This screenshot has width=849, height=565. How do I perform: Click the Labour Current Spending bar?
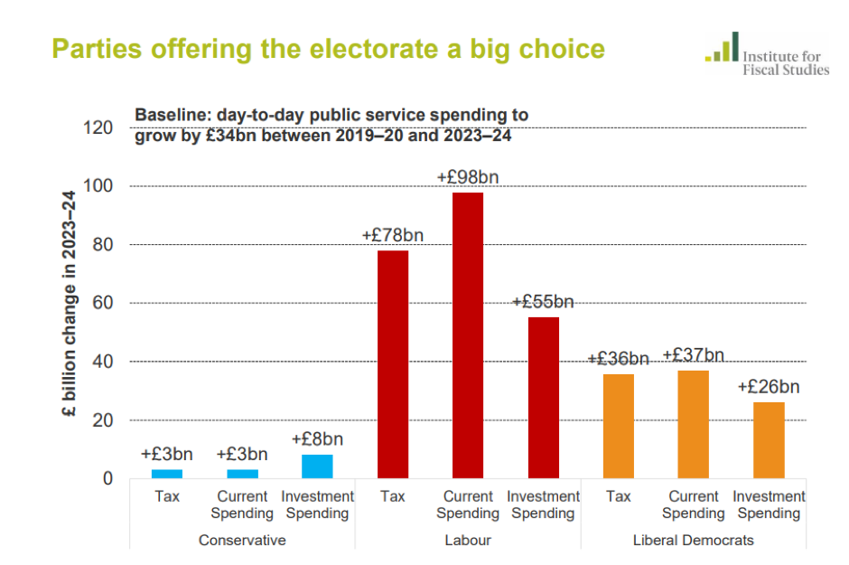468,335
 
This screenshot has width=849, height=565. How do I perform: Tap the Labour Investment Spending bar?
544,398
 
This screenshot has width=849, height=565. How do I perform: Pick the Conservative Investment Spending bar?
317,466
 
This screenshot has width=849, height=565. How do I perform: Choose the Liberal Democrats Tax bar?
619,426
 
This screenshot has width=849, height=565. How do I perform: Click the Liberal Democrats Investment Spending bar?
770,440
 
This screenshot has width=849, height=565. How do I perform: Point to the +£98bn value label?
467,177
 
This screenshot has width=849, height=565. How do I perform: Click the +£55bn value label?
543,302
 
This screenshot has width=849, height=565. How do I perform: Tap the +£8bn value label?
317,439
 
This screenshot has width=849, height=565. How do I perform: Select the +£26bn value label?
769,387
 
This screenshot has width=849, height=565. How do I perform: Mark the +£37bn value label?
694,355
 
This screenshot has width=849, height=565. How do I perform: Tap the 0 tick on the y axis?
110,478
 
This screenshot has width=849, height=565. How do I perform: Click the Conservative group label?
242,541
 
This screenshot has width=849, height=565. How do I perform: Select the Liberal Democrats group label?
694,541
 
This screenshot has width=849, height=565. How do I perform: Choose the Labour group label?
468,541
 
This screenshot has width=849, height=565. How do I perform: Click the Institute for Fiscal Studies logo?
767,55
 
